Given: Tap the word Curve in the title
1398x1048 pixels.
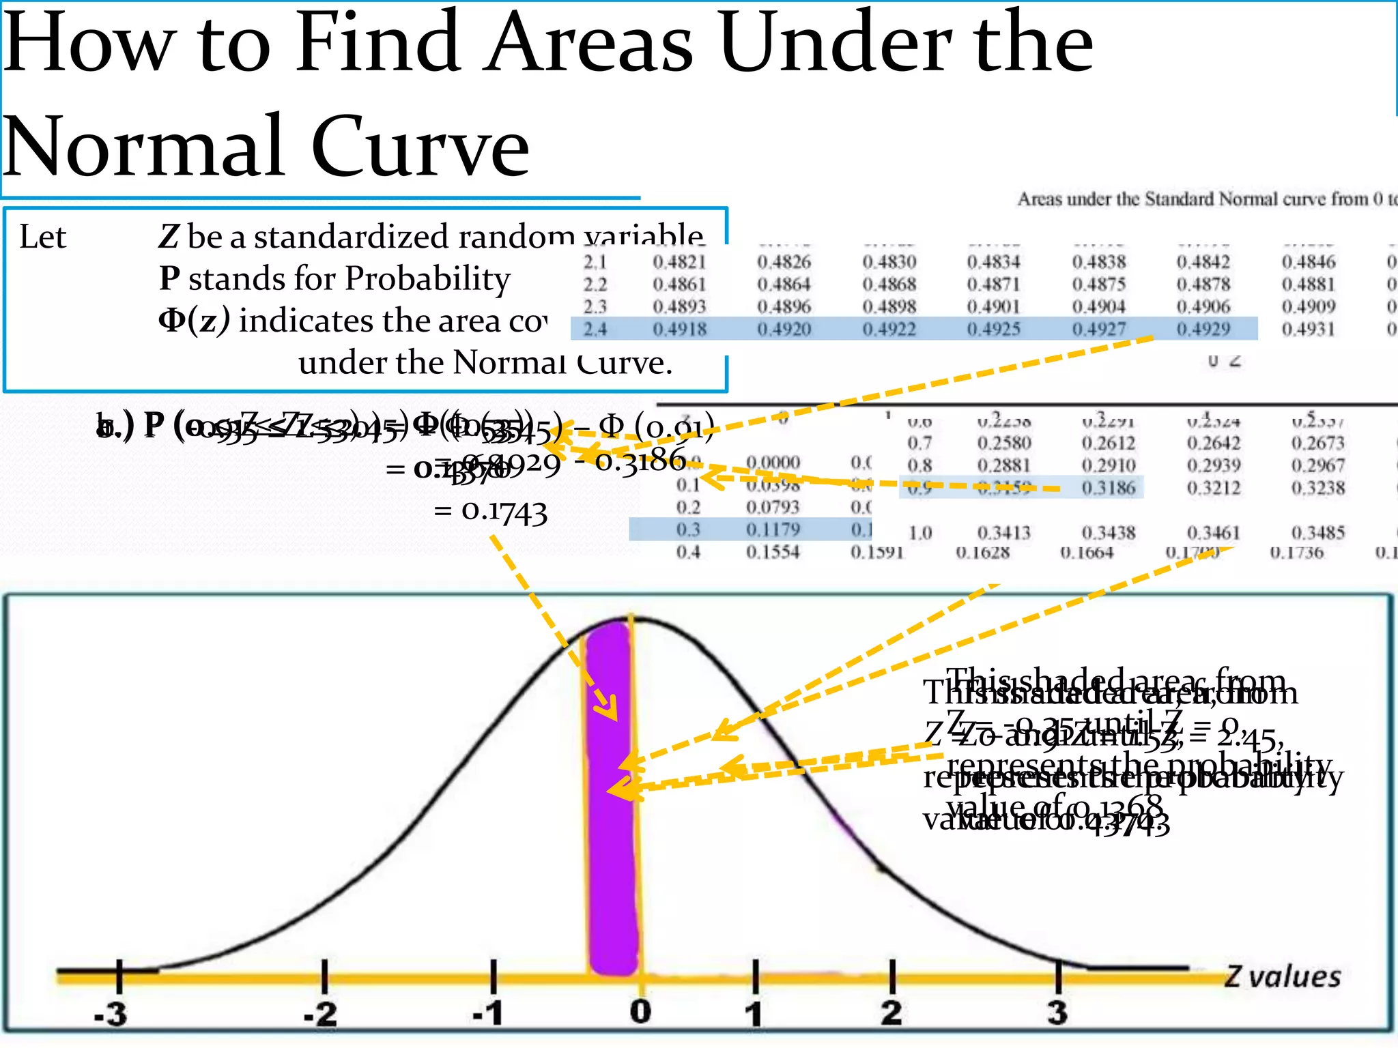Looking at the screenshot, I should click(x=420, y=147).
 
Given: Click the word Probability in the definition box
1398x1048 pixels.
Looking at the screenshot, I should click(x=427, y=278).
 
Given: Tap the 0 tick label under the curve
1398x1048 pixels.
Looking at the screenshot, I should click(x=640, y=1011).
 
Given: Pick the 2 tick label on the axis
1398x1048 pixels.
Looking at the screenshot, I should click(x=891, y=1013).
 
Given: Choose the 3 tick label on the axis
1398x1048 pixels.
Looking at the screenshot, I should click(x=1057, y=1013).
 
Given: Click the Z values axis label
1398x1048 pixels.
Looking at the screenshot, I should click(x=1282, y=977).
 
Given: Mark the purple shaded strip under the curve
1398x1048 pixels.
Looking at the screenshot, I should click(x=612, y=798).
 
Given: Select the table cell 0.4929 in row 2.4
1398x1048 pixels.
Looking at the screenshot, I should click(x=1203, y=329).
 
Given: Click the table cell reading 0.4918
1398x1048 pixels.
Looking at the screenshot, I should click(x=679, y=329).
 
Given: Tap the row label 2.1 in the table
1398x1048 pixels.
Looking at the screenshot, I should click(x=595, y=262).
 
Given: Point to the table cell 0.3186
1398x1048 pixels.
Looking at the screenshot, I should click(x=1108, y=488).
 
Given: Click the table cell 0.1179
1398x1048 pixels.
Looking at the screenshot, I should click(x=772, y=529).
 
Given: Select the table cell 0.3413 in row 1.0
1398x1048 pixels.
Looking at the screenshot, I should click(x=1003, y=533).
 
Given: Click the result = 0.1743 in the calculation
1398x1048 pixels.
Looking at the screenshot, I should click(x=491, y=511).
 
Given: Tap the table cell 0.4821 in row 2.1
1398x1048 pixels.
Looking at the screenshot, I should click(x=679, y=262).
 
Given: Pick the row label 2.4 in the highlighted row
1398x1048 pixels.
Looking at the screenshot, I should click(x=595, y=329).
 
